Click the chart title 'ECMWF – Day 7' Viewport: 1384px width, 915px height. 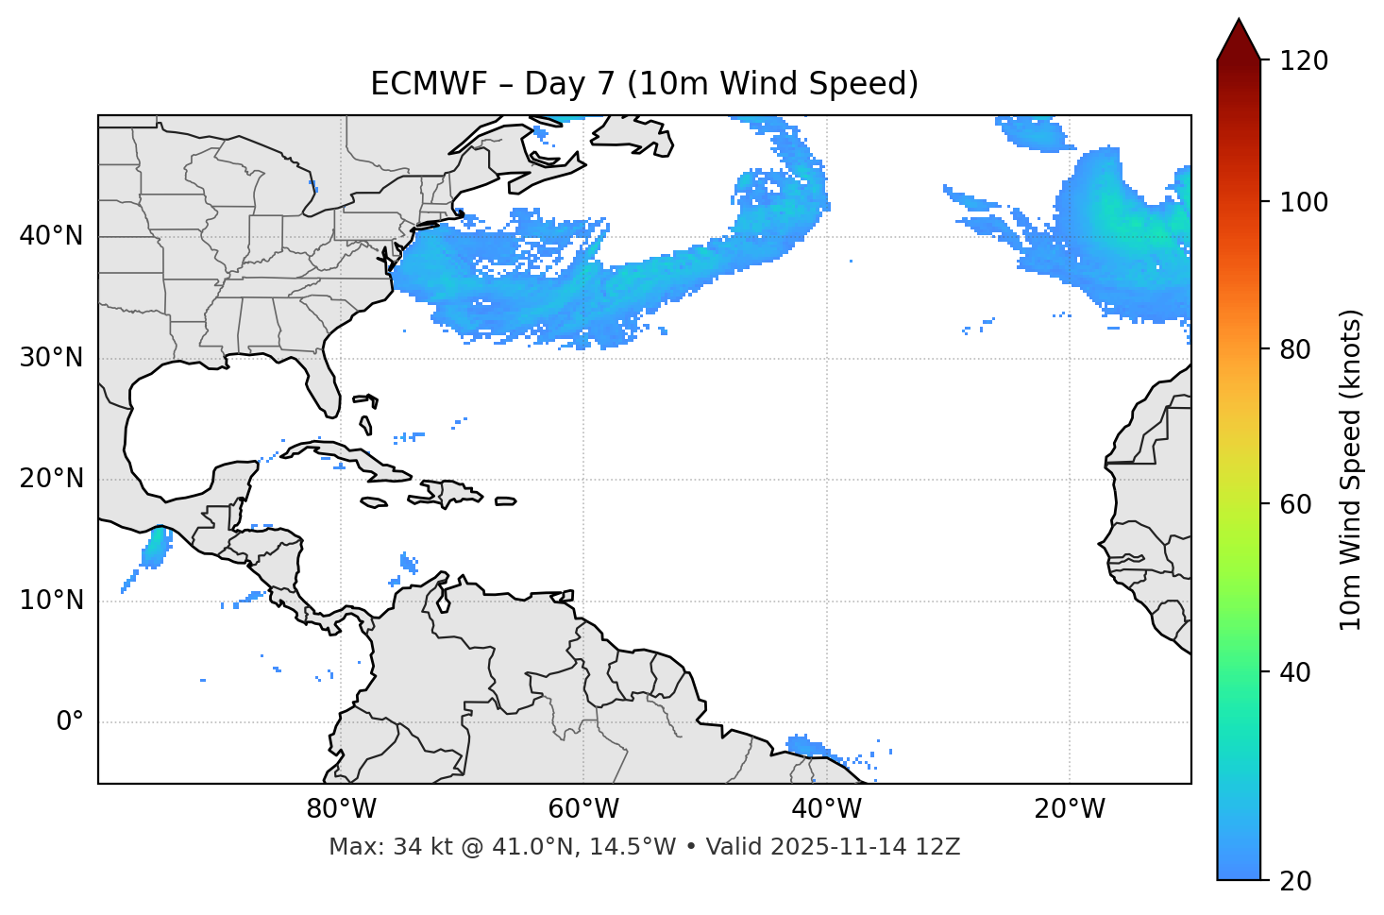click(644, 84)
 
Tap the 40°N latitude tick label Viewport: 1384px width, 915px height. click(51, 236)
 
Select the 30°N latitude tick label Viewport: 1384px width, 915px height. click(51, 358)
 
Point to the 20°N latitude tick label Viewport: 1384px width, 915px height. click(51, 479)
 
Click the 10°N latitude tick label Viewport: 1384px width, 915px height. click(51, 601)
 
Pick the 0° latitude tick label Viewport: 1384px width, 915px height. click(70, 722)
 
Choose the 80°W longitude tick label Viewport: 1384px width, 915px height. click(341, 809)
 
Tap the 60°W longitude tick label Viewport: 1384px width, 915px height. click(583, 809)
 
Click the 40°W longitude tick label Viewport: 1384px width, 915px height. click(827, 809)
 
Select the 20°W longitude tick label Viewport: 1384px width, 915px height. click(1070, 809)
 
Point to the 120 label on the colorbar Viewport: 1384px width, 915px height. click(1304, 60)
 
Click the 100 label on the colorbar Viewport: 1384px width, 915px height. click(1304, 202)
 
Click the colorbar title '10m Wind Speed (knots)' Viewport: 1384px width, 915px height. click(1351, 469)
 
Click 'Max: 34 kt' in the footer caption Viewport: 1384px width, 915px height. click(377, 847)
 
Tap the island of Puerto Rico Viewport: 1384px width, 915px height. click(506, 501)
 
